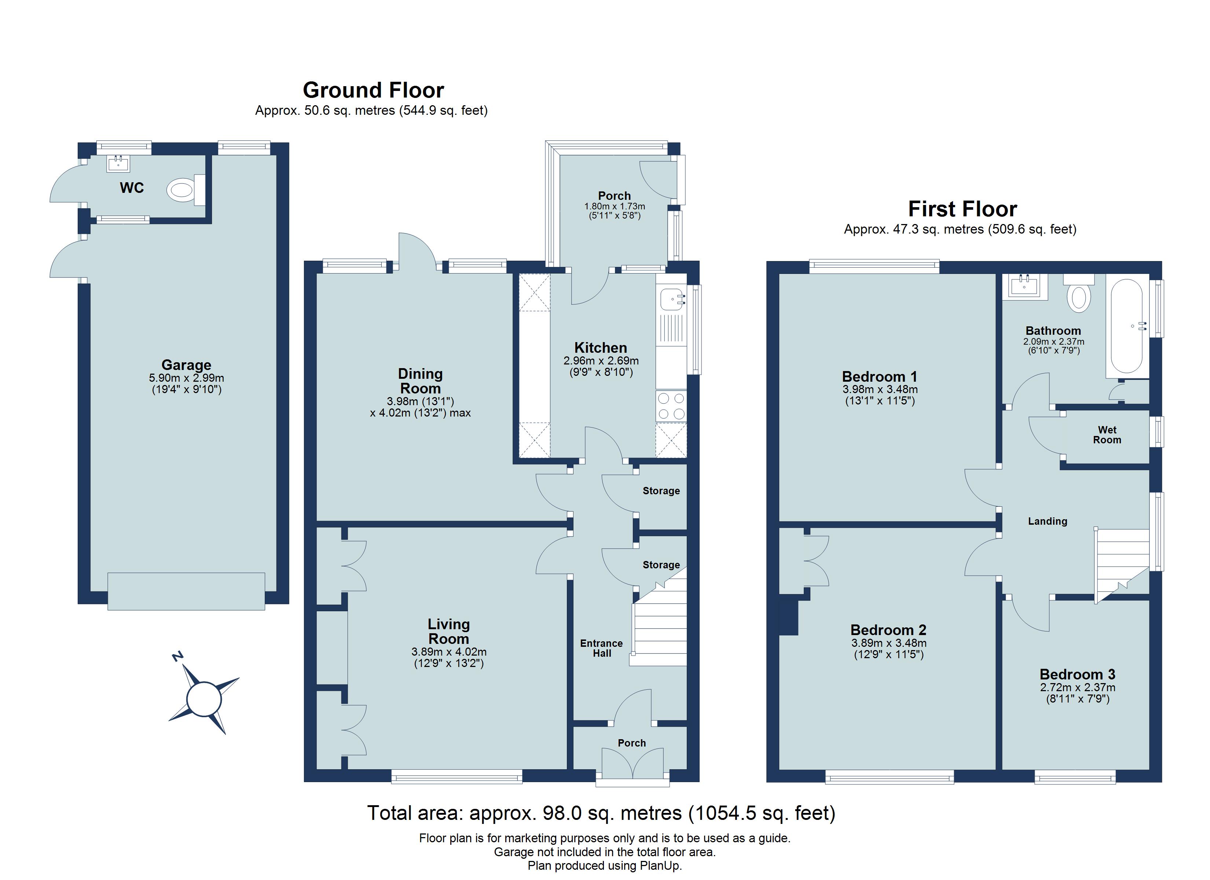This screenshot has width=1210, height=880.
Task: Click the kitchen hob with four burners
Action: [x=671, y=406]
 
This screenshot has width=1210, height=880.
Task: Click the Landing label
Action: [x=1047, y=521]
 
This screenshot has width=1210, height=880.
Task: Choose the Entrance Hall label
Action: [x=601, y=648]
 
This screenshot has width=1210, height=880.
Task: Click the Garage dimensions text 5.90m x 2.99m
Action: [x=186, y=378]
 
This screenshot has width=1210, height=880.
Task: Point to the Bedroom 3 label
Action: [x=1077, y=675]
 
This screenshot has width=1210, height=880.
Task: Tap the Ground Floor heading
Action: [x=373, y=90]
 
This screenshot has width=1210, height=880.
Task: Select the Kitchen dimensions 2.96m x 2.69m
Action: [x=601, y=361]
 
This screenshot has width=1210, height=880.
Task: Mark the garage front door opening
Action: [x=186, y=591]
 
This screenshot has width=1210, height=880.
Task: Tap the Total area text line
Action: [x=601, y=813]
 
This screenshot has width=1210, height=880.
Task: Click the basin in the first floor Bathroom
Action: [x=1024, y=286]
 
